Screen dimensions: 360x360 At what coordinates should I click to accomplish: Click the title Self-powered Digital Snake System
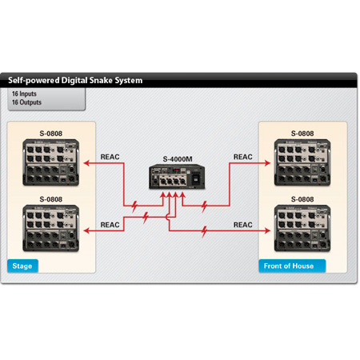[75, 81]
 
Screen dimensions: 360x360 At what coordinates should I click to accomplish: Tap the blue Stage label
[22, 266]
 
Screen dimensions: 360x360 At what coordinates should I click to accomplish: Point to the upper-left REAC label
[111, 157]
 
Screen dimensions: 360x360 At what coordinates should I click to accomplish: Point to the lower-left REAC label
[111, 226]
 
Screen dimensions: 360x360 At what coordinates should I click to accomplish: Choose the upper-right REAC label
[243, 157]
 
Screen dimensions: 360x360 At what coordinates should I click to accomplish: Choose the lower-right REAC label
[243, 226]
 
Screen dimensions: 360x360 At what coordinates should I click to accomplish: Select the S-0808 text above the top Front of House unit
[302, 134]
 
